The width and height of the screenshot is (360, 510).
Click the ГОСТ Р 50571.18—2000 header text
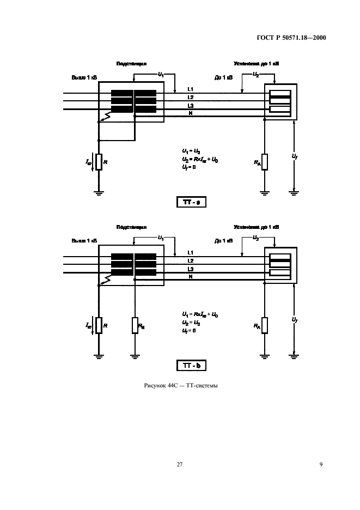pos(295,38)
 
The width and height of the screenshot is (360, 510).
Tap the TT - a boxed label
pos(191,203)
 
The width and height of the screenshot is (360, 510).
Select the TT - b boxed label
pos(191,366)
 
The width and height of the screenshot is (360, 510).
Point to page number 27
pos(180,464)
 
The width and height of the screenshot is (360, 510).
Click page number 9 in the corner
pos(321,464)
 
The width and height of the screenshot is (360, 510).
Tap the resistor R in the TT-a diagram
pos(99,162)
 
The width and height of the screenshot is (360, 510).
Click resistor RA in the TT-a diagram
pos(264,162)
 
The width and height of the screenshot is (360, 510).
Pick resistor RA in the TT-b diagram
pos(264,325)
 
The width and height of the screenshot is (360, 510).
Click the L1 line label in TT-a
pos(190,89)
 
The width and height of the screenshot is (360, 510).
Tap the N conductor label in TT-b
pos(190,277)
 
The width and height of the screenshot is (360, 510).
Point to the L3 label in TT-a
pos(190,105)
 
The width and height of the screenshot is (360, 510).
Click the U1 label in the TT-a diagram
pos(161,74)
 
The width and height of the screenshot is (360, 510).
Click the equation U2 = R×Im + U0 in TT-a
pos(200,159)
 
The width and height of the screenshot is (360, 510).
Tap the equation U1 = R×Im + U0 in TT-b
pos(200,315)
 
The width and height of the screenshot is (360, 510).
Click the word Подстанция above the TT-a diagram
pos(131,64)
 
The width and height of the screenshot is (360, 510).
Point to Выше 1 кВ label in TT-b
pos(84,240)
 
